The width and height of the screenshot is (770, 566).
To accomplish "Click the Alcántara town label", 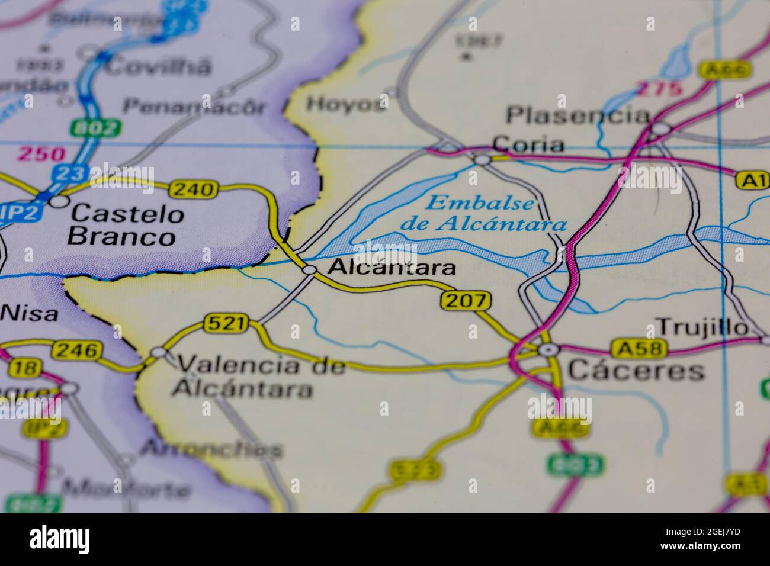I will point(392,268).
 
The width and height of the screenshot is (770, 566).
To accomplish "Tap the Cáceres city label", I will point(636,371).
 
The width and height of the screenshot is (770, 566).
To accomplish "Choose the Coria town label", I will point(528,144).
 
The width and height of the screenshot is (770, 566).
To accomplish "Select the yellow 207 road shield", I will point(466,301).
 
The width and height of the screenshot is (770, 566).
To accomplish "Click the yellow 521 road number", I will point(224,323).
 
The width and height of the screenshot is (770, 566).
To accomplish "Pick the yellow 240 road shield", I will point(192,189).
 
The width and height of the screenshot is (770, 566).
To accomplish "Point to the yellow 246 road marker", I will point(75,351).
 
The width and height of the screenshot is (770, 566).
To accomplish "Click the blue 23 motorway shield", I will point(69,173).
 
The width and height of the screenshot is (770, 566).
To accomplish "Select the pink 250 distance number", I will point(41,155).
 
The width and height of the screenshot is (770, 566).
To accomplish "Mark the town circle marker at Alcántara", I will point(310,270).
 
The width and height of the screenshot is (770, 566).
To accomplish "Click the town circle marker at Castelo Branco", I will point(58,202).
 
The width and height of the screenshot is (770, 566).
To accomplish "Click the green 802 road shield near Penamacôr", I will point(95,127).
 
